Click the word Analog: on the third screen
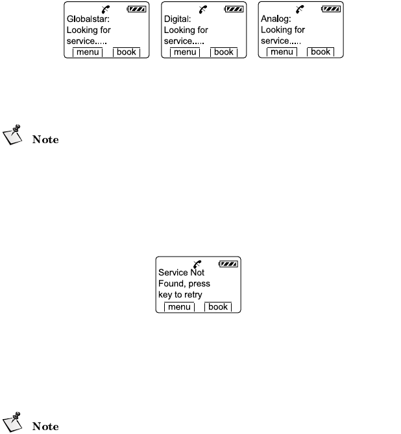tap(275, 19)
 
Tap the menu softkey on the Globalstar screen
tap(88, 51)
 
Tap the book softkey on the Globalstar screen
tap(127, 51)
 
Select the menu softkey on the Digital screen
tap(185, 51)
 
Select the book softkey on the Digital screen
tap(224, 51)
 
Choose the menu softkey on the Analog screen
tap(282, 51)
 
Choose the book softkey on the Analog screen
tap(321, 51)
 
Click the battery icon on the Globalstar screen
tap(137, 10)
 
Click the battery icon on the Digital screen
tap(234, 10)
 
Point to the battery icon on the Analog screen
tap(330, 10)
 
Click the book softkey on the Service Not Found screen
tap(218, 306)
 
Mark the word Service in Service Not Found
tap(172, 273)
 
